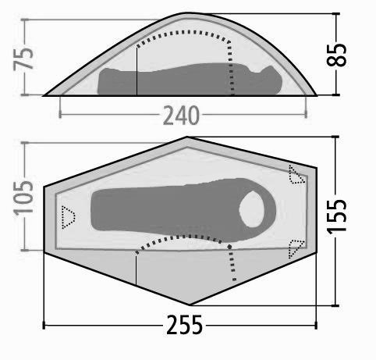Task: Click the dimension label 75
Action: (23, 59)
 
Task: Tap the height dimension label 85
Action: (336, 55)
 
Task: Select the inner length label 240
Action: (181, 115)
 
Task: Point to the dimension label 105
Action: (23, 198)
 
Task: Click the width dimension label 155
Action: (336, 216)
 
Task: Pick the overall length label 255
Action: (184, 325)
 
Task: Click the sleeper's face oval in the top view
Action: (252, 209)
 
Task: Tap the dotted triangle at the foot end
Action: (68, 217)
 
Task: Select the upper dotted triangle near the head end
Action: (296, 174)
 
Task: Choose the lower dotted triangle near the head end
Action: (296, 248)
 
